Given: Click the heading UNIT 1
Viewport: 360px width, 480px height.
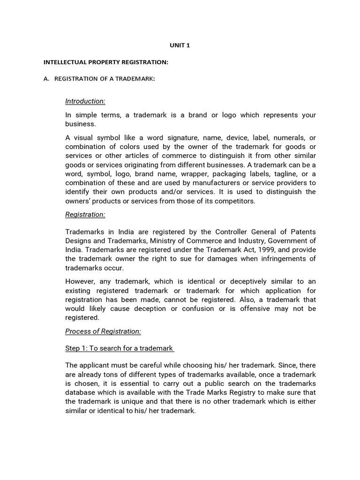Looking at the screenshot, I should (x=180, y=45).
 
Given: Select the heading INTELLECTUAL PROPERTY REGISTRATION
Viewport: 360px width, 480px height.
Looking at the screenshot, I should (x=106, y=62).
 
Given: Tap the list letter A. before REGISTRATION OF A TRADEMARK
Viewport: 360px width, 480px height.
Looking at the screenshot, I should (x=46, y=79).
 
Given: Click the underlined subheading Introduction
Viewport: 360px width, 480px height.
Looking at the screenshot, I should (x=85, y=101).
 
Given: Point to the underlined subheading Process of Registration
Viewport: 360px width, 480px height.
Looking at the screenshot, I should (x=103, y=331).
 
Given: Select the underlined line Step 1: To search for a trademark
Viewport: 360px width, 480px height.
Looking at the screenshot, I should (x=120, y=348).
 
